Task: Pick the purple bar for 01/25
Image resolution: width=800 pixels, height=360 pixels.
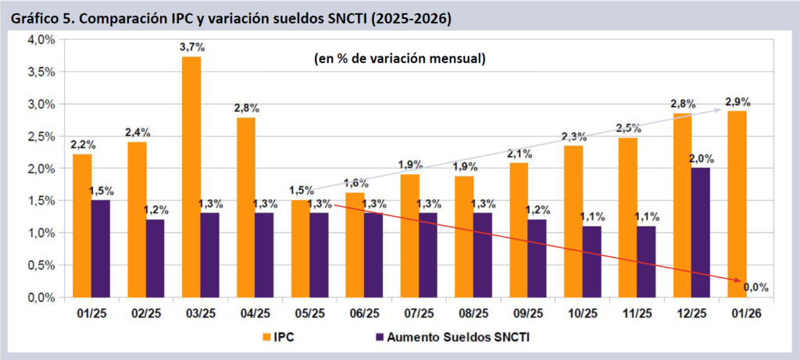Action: [101, 249]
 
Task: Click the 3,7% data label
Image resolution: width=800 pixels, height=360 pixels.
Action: [191, 48]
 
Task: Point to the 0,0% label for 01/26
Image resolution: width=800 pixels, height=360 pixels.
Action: [756, 287]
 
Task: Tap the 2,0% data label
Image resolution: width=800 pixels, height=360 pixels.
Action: [700, 159]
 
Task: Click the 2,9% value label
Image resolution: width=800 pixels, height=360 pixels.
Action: [737, 102]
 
